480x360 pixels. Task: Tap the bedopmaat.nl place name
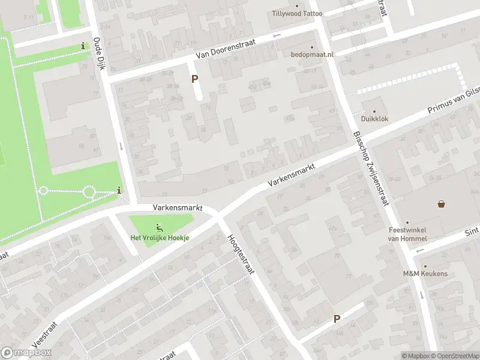point(312,55)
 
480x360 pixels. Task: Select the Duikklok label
point(375,119)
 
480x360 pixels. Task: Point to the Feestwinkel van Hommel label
point(406,233)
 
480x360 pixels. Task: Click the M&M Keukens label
point(425,274)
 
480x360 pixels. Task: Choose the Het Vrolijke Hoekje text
point(160,238)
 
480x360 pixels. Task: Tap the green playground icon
point(160,227)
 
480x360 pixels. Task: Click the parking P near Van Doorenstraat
point(194,79)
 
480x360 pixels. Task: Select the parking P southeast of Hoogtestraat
point(337,319)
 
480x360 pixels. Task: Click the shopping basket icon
point(442,204)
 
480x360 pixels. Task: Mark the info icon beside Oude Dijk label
point(83,46)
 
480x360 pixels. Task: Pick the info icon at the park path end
point(119,191)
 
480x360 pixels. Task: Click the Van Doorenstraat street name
point(226,49)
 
